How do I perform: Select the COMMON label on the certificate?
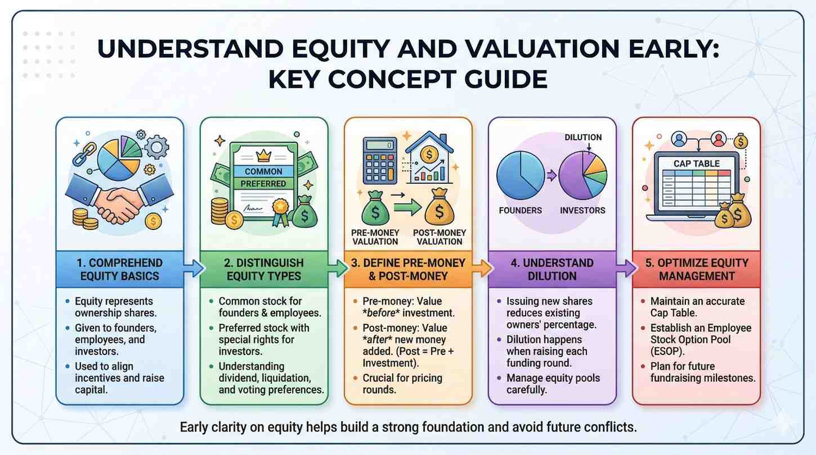click(263, 172)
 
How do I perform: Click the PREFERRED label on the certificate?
click(263, 184)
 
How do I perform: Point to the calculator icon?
click(380, 160)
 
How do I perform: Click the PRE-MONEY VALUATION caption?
click(375, 237)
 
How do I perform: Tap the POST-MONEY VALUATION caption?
click(440, 237)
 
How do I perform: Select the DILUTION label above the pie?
click(583, 137)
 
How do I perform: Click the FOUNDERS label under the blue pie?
click(520, 210)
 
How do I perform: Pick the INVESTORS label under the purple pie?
click(582, 210)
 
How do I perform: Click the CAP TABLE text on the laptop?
click(697, 164)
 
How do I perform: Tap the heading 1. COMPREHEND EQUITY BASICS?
click(120, 269)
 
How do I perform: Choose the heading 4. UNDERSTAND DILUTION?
click(552, 269)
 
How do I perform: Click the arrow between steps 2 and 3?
click(337, 269)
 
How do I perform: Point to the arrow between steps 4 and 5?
click(626, 269)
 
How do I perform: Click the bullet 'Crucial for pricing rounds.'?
click(402, 384)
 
